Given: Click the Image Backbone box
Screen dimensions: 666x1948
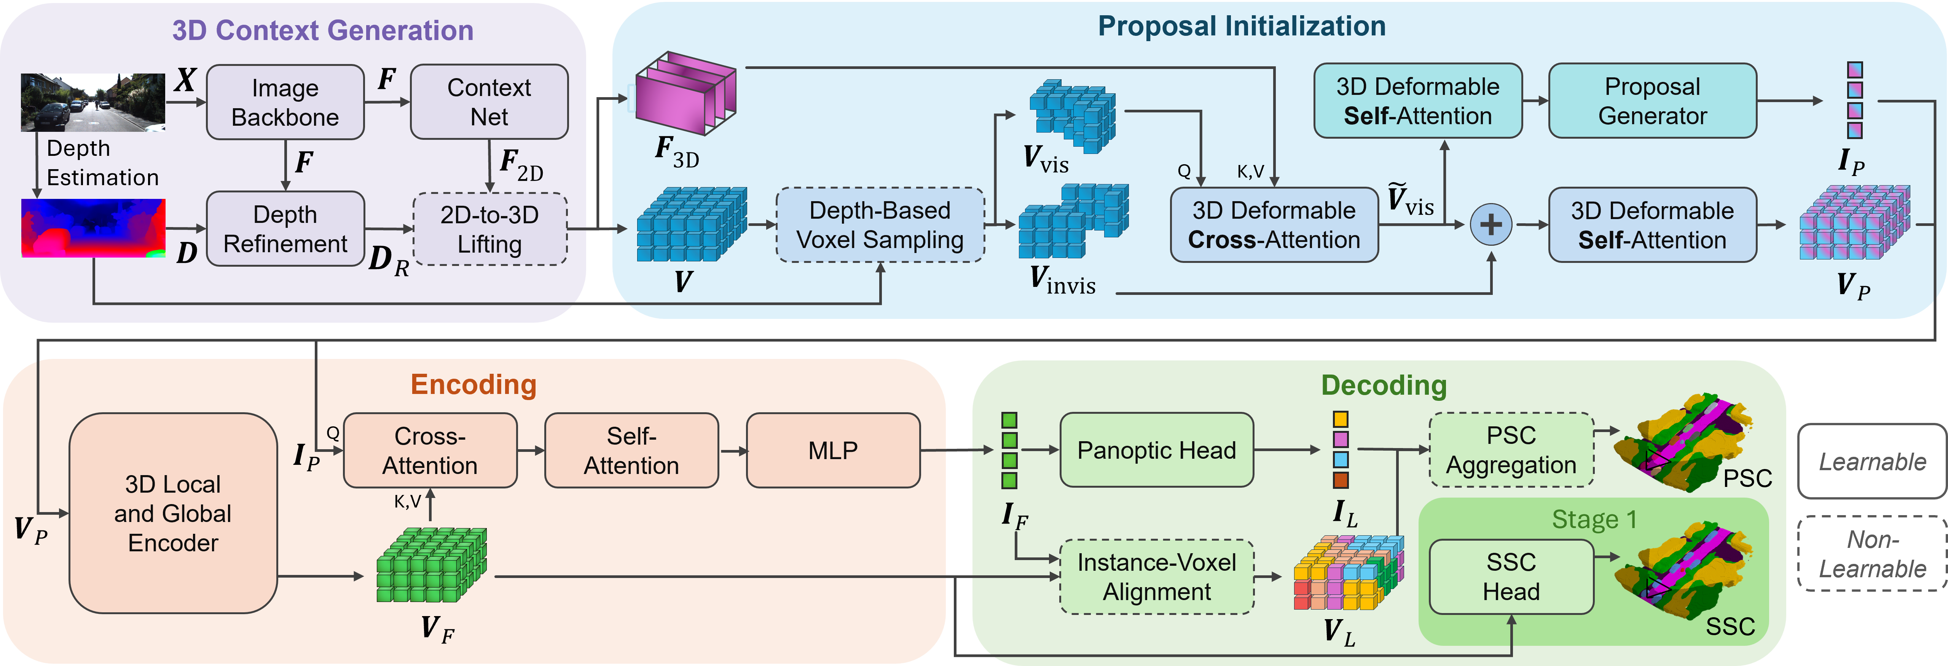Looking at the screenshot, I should tap(285, 102).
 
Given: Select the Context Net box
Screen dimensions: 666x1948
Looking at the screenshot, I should tap(489, 102).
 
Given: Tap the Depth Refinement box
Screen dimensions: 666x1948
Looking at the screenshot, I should tap(285, 229).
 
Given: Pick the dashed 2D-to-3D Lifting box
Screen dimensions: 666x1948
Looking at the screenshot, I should tap(489, 229).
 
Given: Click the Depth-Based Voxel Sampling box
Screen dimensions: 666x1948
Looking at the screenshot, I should tap(880, 225).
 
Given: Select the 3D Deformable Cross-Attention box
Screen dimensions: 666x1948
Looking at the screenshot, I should tap(1274, 225).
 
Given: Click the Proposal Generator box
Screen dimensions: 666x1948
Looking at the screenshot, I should tap(1652, 101).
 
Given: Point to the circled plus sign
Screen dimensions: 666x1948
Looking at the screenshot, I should tap(1490, 225).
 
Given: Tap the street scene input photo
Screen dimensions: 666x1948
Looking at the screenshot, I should tap(92, 102).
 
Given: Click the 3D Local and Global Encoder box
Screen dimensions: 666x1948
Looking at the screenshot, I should tap(173, 513).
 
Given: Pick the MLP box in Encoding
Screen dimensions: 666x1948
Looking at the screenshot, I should tap(832, 450).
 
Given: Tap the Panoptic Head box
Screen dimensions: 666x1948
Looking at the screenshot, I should tap(1156, 450).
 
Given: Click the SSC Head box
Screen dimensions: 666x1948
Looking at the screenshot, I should tap(1511, 577).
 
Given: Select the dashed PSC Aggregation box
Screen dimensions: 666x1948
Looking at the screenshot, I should tap(1511, 450).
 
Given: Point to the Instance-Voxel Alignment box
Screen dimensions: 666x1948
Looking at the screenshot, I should tap(1156, 577).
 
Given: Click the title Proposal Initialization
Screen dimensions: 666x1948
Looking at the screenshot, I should tap(1242, 27).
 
